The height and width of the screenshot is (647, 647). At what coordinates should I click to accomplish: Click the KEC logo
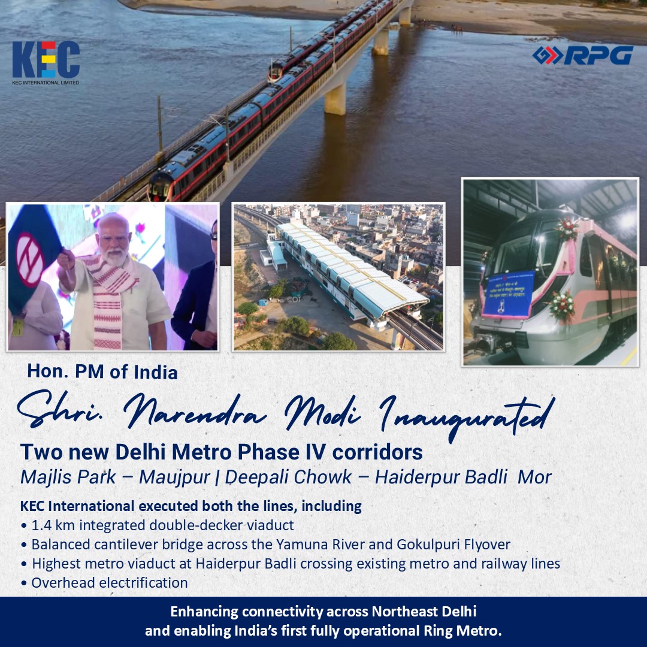(46, 61)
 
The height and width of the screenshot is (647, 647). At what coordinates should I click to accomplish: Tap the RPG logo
(582, 55)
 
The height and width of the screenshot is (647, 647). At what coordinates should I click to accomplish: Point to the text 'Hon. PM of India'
(102, 372)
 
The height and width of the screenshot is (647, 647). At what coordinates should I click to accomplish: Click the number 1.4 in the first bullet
(41, 526)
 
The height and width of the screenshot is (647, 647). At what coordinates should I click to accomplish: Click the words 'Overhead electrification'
(110, 582)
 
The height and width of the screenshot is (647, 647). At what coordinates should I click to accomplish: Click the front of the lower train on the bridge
(159, 188)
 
